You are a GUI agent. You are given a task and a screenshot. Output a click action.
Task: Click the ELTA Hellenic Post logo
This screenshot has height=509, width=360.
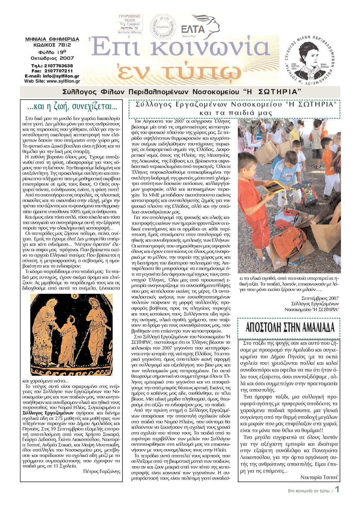click(x=200, y=27)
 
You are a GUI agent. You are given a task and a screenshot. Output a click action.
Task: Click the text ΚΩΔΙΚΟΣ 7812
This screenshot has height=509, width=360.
click(x=52, y=45)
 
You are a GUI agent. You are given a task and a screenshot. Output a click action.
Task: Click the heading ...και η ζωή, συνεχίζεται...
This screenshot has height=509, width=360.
click(x=72, y=107)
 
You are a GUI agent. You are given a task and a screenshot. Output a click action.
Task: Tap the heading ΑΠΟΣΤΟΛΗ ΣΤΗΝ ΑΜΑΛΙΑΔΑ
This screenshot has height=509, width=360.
click(x=290, y=327)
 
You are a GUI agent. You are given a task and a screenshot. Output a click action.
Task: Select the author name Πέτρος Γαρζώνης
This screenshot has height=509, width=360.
click(x=102, y=471)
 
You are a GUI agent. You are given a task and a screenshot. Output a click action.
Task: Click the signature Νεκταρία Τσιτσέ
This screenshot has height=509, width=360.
click(x=319, y=477)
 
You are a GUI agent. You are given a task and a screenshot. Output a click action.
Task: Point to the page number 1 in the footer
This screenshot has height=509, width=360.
click(x=337, y=490)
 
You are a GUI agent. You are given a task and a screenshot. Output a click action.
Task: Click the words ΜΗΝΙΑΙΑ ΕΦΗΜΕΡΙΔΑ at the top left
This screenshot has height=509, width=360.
click(x=52, y=39)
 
